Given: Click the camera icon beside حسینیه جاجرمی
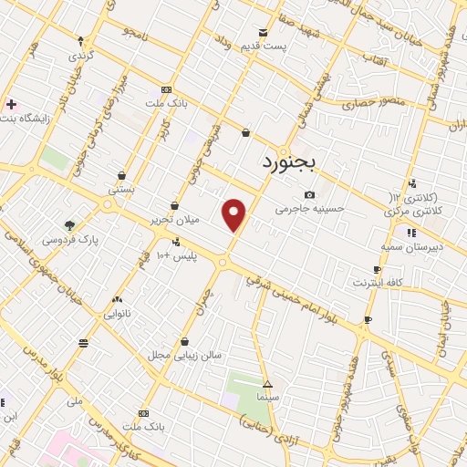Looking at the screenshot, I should [x=310, y=194].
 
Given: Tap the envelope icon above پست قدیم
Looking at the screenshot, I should [x=264, y=32].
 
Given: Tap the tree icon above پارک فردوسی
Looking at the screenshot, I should [x=70, y=224].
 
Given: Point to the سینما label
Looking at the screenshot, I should [x=267, y=398].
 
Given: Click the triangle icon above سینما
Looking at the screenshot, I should [x=267, y=384].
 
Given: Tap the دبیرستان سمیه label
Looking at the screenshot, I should [x=411, y=246].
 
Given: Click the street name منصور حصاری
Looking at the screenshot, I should [x=354, y=102].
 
